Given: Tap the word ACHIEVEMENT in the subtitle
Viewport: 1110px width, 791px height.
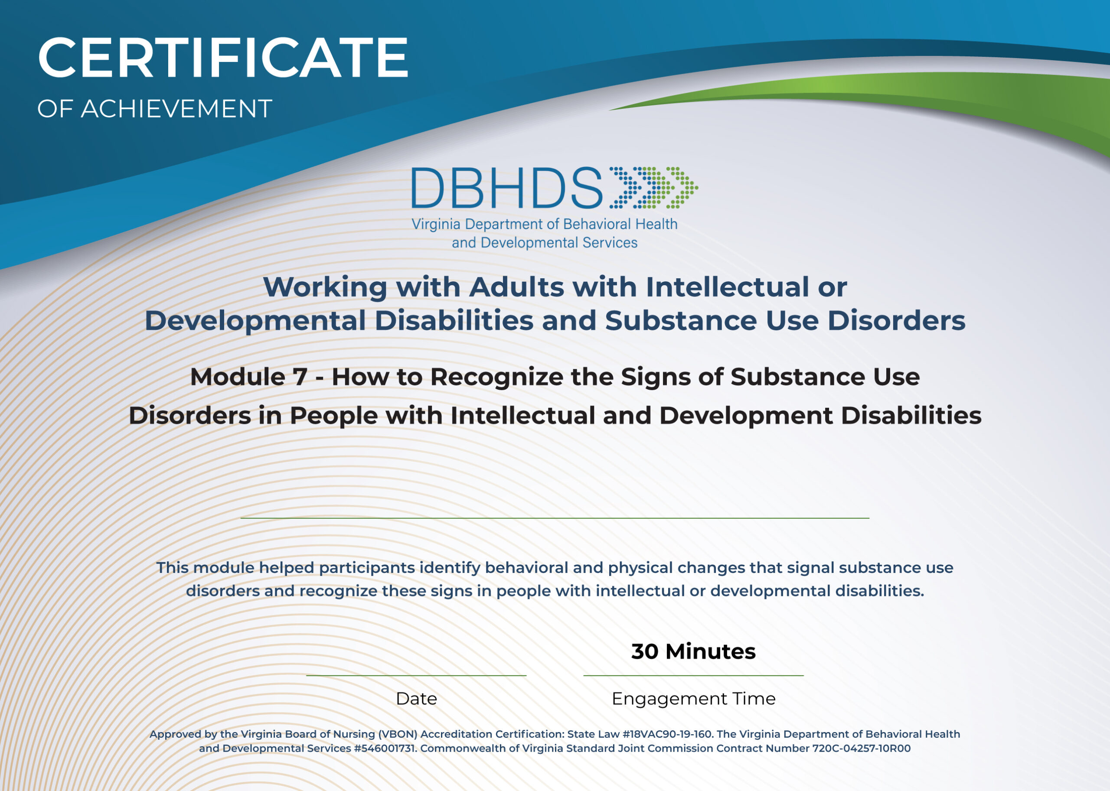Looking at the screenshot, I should [176, 109].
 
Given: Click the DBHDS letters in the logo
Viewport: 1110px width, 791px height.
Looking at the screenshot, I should [507, 188].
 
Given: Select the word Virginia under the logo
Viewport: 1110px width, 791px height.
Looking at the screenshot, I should [436, 225].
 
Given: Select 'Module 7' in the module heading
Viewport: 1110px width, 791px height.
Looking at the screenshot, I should [249, 377].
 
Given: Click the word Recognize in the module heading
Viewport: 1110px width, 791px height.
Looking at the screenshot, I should [496, 377].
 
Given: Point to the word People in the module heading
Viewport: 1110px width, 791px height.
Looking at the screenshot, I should [333, 416].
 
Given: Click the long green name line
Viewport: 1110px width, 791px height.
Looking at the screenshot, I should [555, 518].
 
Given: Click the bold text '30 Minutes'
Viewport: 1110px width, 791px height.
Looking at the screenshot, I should [693, 652].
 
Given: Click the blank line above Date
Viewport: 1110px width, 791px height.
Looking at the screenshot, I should [416, 676].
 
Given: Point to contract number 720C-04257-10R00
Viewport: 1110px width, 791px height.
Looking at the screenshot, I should [861, 749].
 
